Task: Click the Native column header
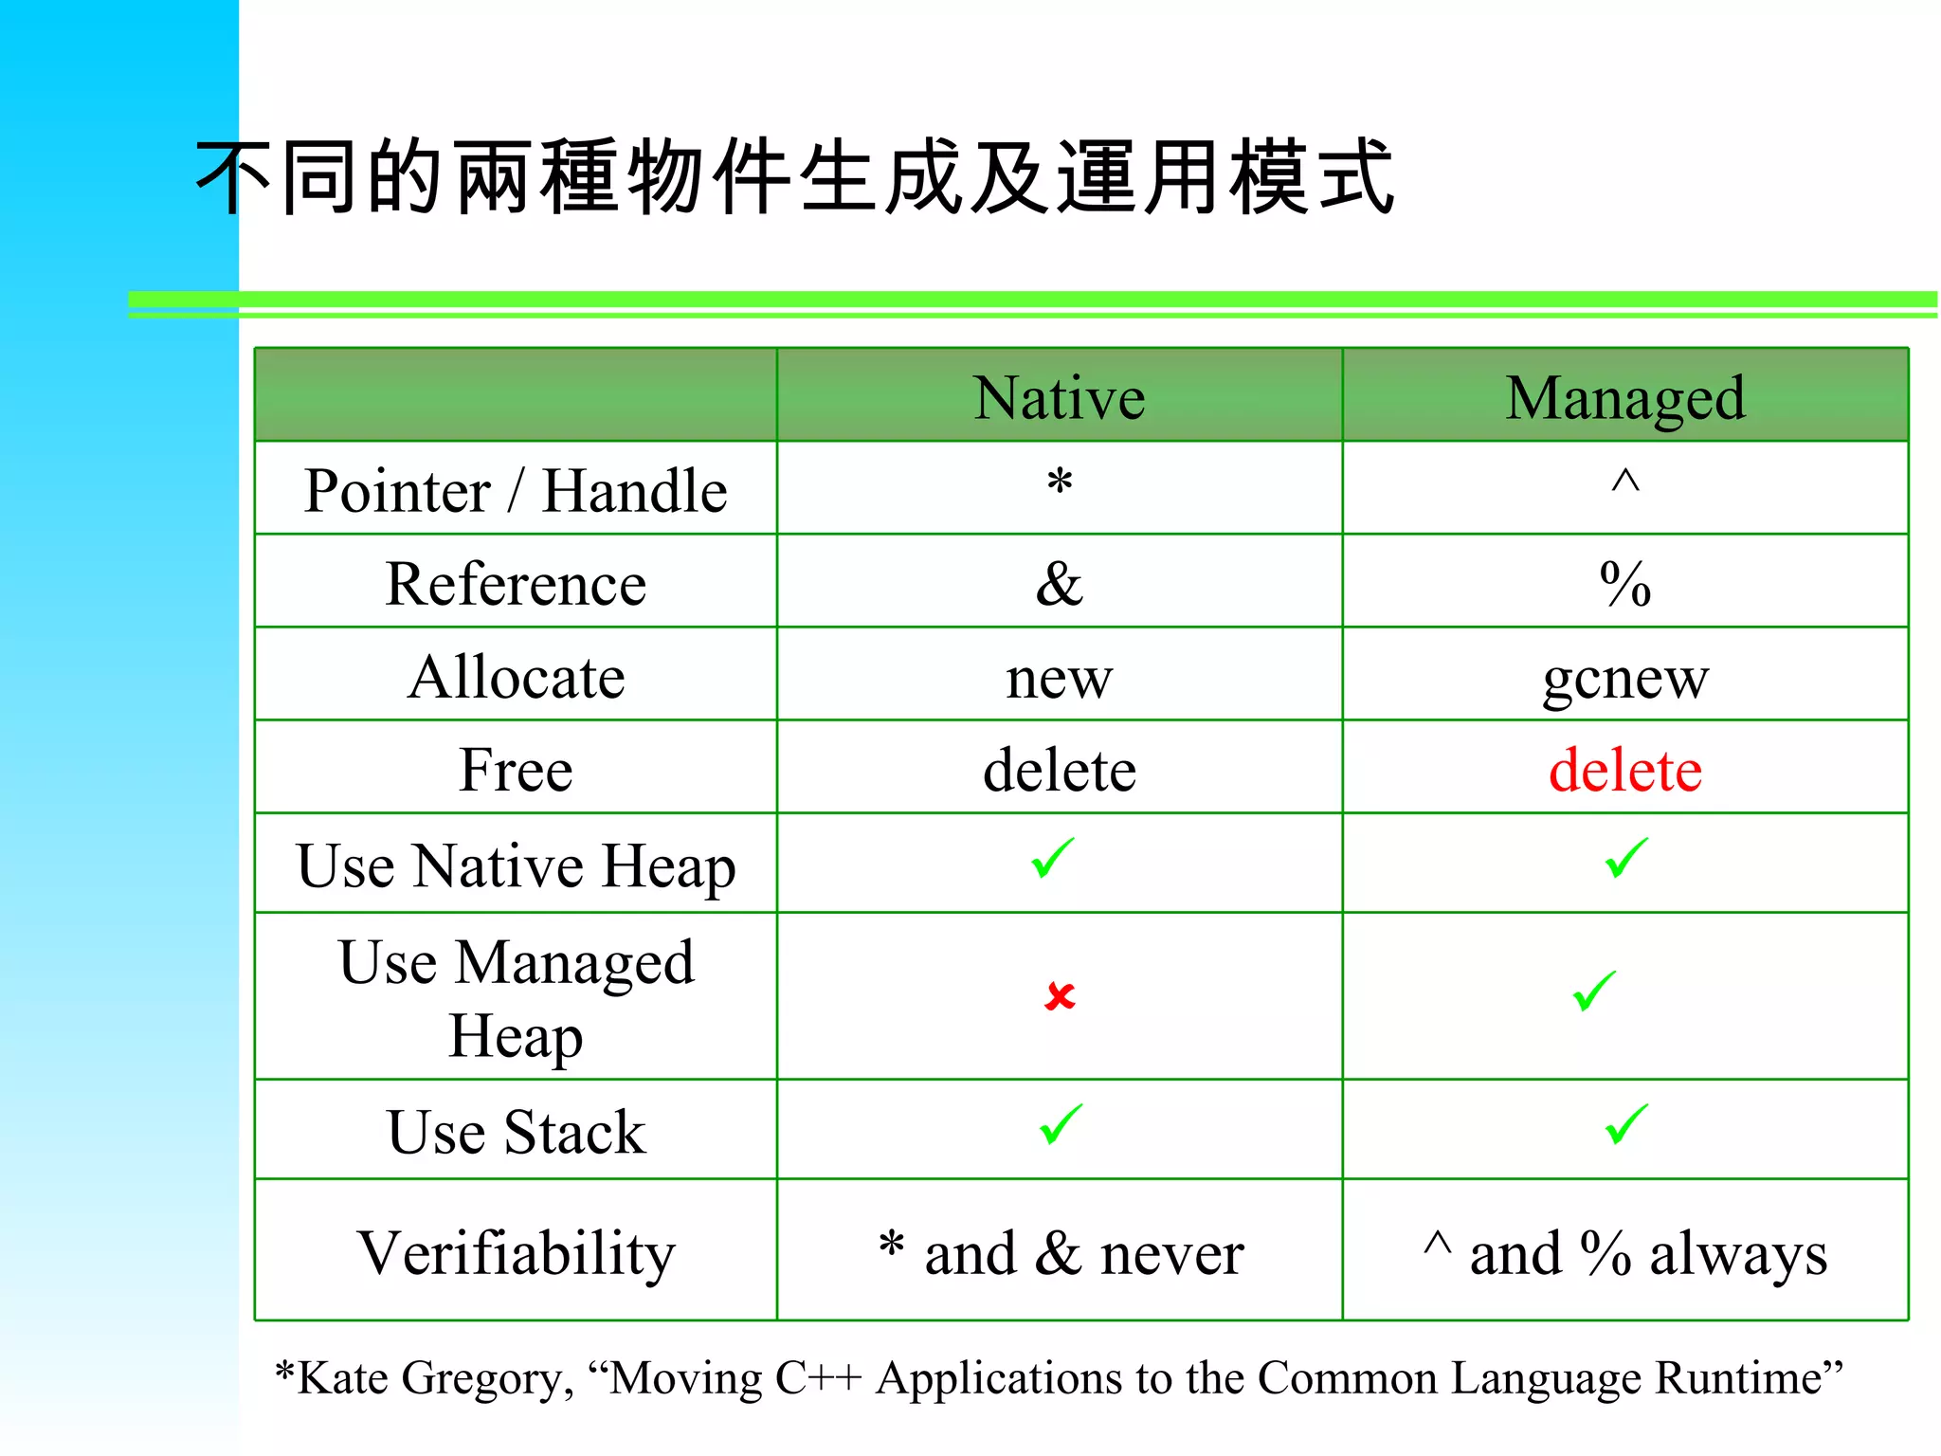(1059, 397)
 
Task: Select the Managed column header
(1624, 397)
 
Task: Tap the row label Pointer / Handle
(516, 491)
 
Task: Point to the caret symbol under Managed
(1624, 481)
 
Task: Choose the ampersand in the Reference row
(1059, 583)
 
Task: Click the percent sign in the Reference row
(1624, 583)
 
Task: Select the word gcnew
(1624, 678)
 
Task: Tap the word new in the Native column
(1059, 678)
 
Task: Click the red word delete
(1624, 769)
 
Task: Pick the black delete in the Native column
(1059, 769)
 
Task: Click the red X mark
(1059, 995)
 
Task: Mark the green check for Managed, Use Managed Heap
(1594, 992)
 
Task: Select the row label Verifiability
(516, 1252)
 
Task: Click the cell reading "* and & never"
(1060, 1252)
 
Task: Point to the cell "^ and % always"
(1624, 1252)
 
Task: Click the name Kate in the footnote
(342, 1378)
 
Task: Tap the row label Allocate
(516, 677)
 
